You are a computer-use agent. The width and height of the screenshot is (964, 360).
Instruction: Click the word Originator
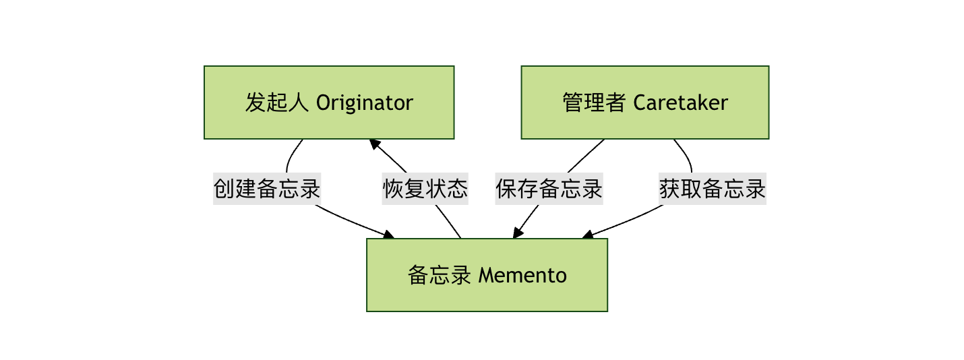pos(365,103)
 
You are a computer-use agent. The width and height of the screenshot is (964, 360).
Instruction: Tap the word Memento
pos(522,276)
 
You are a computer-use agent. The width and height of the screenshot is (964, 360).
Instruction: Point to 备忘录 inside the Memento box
pos(439,276)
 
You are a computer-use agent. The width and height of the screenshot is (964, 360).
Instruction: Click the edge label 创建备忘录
pos(267,188)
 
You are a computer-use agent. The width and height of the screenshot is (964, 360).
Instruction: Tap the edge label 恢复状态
pos(425,188)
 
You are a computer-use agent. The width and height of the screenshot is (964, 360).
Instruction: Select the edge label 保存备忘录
pos(549,188)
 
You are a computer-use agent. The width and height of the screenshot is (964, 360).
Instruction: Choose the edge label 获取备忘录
pos(713,188)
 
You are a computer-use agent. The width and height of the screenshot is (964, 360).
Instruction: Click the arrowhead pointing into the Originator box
pos(373,143)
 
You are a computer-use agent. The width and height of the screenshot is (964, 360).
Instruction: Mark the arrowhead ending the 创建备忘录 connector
pos(389,235)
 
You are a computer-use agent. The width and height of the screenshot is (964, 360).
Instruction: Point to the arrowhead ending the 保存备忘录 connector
pos(517,233)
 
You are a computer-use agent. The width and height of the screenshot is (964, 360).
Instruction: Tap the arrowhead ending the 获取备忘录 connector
pos(586,235)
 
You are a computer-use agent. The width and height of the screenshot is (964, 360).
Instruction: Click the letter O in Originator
pos(323,103)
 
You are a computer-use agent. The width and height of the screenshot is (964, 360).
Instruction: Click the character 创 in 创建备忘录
pos(224,188)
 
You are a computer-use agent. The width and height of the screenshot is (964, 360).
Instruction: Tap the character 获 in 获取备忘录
pos(669,188)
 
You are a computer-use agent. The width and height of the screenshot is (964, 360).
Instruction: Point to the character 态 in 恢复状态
pos(457,188)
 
